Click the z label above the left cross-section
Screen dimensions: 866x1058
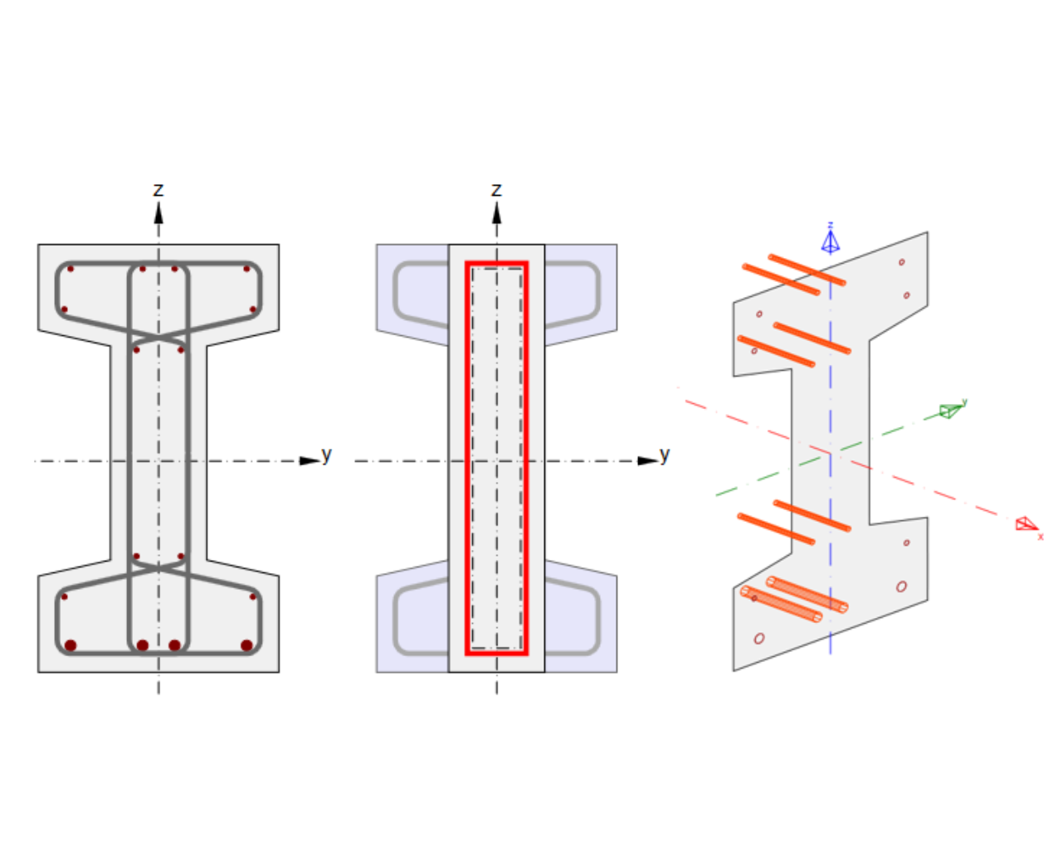[158, 190]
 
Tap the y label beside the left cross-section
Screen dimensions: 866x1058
[326, 455]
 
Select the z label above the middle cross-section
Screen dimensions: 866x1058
[496, 190]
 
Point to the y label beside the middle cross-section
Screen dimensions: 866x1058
[664, 455]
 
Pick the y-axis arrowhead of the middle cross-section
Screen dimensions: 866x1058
[647, 460]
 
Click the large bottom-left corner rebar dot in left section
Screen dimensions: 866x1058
[71, 645]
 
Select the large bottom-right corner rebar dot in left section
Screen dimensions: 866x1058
[246, 645]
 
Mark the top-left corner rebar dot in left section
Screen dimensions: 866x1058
[71, 269]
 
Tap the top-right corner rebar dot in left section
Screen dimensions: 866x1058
[246, 269]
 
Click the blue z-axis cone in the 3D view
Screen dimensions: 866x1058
[830, 241]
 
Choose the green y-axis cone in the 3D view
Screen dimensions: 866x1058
[950, 410]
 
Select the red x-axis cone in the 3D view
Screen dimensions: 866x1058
[1026, 523]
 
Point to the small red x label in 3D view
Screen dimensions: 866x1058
[1041, 537]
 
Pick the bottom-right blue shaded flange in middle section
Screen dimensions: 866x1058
[581, 622]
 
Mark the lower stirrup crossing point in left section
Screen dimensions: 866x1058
[158, 566]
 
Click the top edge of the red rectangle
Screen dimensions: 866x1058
[496, 264]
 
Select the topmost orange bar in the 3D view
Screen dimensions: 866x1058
[807, 270]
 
